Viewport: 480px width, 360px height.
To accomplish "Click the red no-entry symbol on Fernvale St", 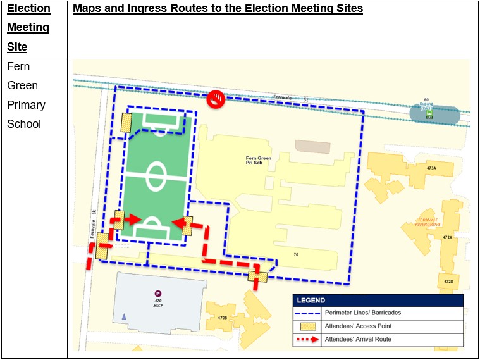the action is click(x=216, y=99).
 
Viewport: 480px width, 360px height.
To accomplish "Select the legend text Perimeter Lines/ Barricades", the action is click(x=362, y=313).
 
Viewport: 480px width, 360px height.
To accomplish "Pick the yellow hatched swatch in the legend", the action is click(x=307, y=326).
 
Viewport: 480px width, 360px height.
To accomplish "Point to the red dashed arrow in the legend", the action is click(x=307, y=340).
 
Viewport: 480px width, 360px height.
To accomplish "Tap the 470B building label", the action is click(x=222, y=318).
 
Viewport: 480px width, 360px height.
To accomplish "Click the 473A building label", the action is click(x=431, y=168).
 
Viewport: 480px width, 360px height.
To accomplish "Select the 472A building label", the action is click(x=447, y=237).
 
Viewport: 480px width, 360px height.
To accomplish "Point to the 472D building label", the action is click(x=448, y=281).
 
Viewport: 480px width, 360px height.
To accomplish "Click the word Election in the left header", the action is click(x=28, y=9).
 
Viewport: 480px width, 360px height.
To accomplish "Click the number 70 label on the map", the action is click(x=295, y=254).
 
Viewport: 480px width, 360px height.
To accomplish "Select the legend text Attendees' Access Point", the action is click(x=357, y=326).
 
